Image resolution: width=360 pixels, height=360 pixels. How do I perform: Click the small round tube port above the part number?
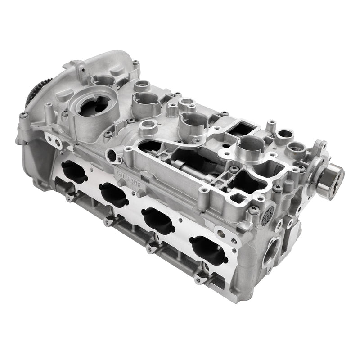(x=112, y=156)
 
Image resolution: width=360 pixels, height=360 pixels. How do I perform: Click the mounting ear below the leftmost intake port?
(x=69, y=196)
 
